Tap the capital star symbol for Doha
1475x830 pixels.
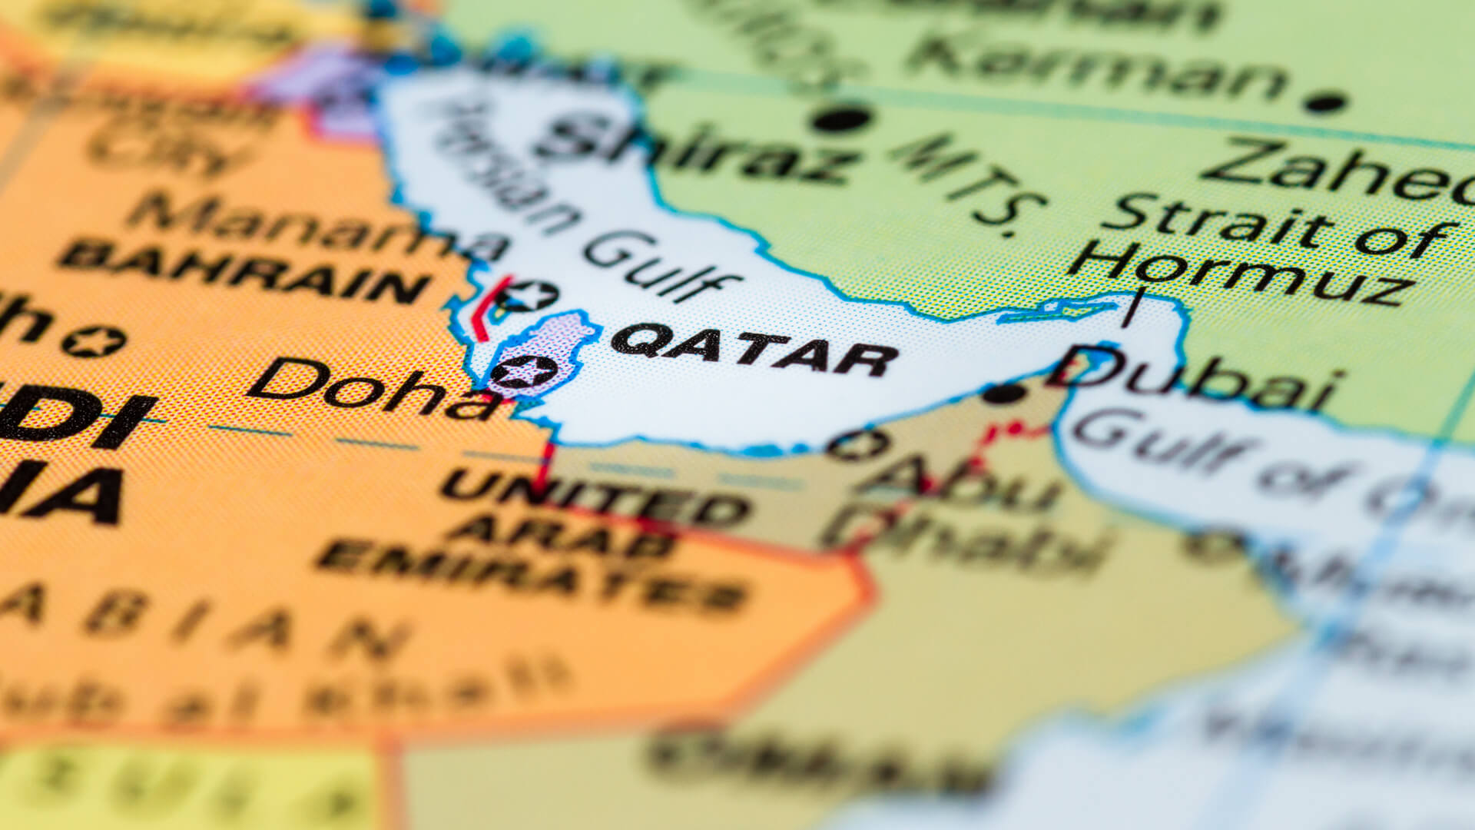tap(524, 373)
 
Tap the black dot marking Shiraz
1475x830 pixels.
tap(841, 119)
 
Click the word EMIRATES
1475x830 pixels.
tap(530, 576)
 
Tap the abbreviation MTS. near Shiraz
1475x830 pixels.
tap(968, 184)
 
